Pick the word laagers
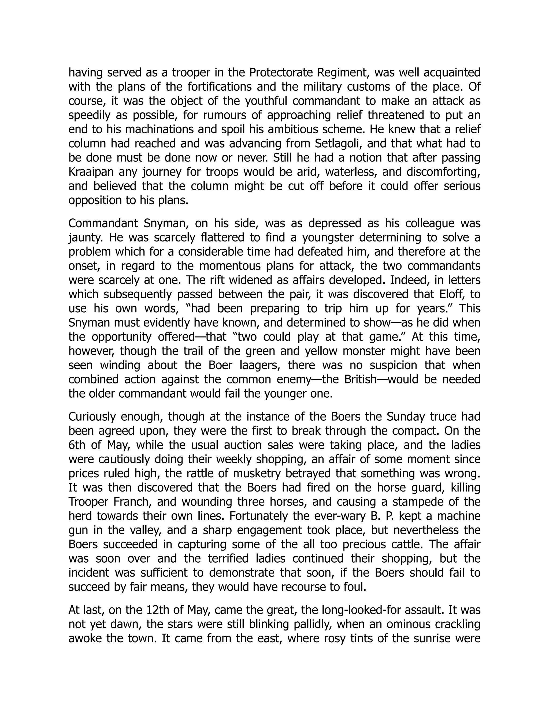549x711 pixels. (260, 365)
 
